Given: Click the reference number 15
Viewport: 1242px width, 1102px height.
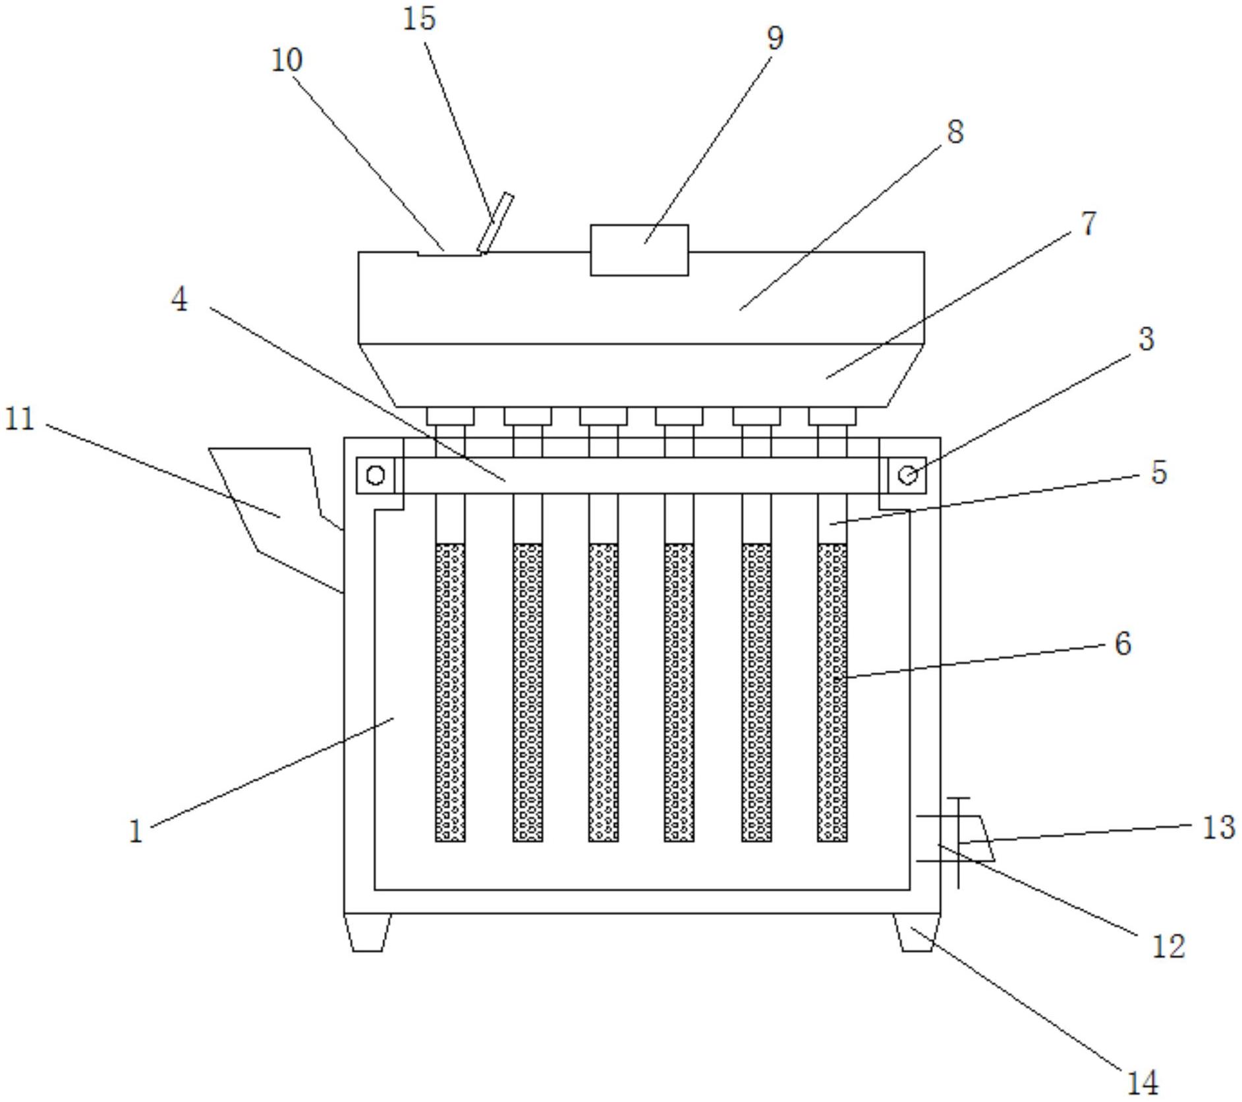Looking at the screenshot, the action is pos(419,18).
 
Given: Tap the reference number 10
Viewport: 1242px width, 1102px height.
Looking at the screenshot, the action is pos(287,60).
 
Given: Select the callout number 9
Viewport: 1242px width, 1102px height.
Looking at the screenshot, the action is pos(775,38).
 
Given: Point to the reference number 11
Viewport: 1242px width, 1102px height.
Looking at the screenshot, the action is pos(19,419).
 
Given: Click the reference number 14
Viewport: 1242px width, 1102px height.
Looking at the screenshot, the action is pos(1143,1082).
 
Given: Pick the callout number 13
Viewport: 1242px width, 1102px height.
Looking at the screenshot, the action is pos(1218,827).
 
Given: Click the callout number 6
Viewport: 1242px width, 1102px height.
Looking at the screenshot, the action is pos(1123,643).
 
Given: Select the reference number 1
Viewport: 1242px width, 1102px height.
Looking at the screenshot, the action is pos(136,832).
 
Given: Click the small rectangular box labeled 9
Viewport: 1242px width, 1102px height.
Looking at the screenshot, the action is pos(639,250).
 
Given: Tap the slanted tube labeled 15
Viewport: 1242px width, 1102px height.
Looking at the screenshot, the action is pos(495,223).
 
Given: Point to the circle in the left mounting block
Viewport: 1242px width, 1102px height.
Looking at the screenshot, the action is pos(376,475).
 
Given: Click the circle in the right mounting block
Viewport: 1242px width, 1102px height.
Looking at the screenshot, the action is pos(907,475).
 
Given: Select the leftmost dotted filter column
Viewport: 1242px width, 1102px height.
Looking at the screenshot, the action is pos(450,693).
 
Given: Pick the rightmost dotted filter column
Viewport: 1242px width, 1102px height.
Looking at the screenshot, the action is pos(832,693).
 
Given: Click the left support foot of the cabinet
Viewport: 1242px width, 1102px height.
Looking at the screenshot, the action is pos(368,932).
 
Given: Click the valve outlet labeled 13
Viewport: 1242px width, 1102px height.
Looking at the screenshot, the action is pos(976,838).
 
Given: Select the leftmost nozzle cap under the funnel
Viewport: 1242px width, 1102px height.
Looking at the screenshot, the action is pos(450,416).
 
